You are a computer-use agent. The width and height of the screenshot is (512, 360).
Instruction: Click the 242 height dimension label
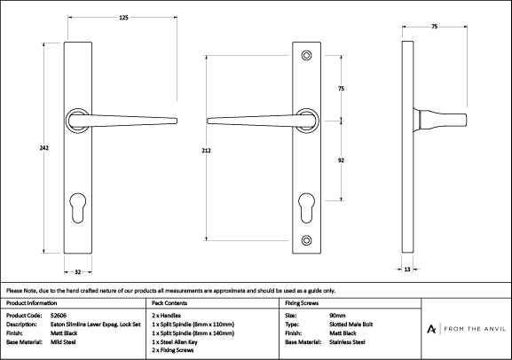(x=44, y=148)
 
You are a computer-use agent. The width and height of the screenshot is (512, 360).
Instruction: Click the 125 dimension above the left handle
(x=123, y=18)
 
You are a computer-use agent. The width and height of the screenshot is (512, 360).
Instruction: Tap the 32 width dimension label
(x=78, y=272)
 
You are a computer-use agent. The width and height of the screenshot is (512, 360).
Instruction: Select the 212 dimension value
(x=207, y=151)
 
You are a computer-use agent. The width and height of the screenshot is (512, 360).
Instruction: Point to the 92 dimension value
(x=341, y=160)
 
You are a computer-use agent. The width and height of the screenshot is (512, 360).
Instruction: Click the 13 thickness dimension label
(x=407, y=270)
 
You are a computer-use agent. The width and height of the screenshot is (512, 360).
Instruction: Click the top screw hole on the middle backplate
(x=306, y=55)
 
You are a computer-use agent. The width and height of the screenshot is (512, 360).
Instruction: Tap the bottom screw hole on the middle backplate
(x=306, y=240)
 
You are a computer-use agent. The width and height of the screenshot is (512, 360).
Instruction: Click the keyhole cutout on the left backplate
(x=78, y=207)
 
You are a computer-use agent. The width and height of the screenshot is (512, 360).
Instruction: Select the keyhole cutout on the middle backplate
(x=307, y=207)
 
